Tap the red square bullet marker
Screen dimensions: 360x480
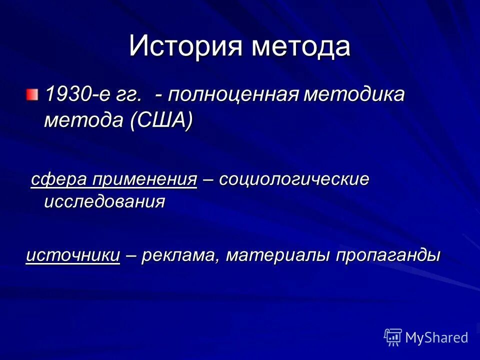point(32,93)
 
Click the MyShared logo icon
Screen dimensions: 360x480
point(393,337)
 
